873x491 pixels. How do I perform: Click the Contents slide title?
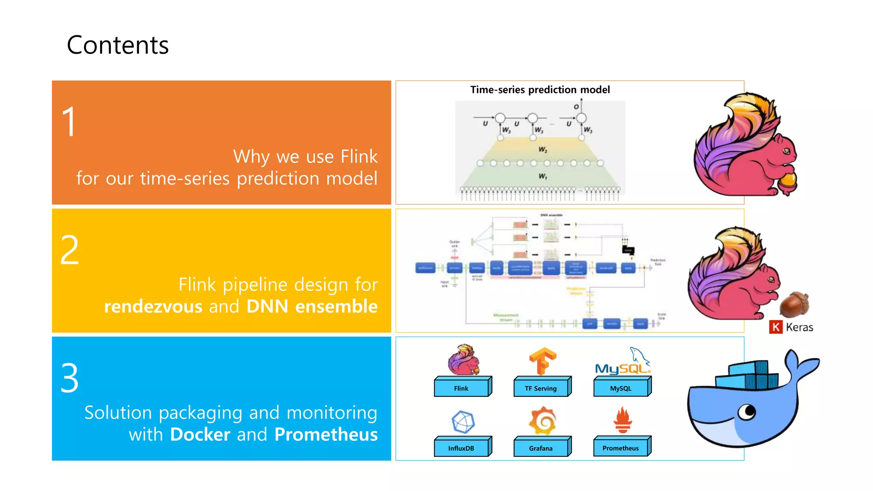pos(118,45)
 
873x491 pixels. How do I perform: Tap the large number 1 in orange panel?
pos(69,122)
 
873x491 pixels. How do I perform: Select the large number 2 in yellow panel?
pos(69,250)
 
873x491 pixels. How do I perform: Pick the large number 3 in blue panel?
pos(69,378)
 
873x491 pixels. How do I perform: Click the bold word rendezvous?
pos(153,306)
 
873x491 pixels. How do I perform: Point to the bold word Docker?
pos(200,434)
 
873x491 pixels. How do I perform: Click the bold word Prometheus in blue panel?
pos(326,434)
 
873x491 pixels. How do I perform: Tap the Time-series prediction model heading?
pos(540,90)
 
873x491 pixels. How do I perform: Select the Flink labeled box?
pos(461,388)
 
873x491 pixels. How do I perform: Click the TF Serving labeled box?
pos(541,388)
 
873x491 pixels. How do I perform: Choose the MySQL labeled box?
pos(621,388)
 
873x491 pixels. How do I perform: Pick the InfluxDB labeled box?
pos(461,448)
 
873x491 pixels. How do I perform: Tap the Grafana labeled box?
pos(541,448)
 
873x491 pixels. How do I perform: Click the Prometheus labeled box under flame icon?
pos(621,448)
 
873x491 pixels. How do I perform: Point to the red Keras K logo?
pos(776,327)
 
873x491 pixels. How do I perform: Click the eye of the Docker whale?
pos(747,412)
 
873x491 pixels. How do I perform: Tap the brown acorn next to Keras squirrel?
pos(794,304)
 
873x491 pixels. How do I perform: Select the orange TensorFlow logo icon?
pos(542,361)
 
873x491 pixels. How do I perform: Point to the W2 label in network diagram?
pos(543,150)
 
